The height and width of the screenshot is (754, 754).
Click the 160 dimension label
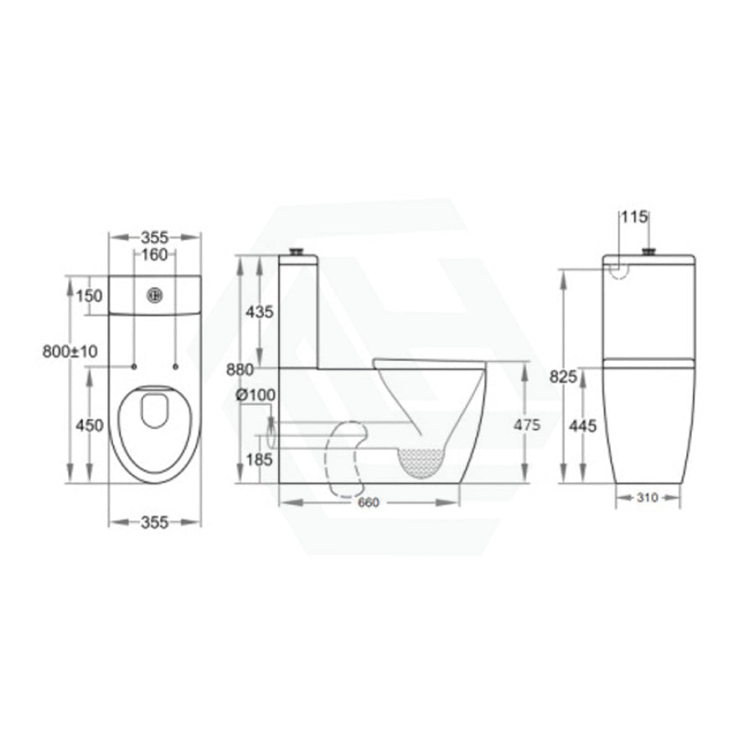(154, 255)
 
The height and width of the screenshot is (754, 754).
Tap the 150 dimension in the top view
(89, 295)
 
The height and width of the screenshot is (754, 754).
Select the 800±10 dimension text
(70, 352)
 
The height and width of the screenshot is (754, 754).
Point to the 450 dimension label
(90, 425)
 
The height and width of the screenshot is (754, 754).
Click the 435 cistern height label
(259, 312)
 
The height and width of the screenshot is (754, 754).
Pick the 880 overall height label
(240, 369)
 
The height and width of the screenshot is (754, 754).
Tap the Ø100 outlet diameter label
(256, 395)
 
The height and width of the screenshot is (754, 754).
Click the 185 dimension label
(259, 460)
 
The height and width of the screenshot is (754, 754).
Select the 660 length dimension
(369, 503)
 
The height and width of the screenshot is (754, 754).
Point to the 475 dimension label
(527, 425)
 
